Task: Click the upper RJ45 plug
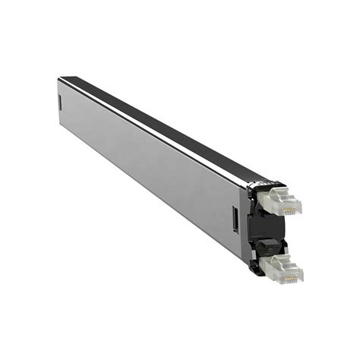[x=279, y=199]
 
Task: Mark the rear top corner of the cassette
[x=61, y=77]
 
